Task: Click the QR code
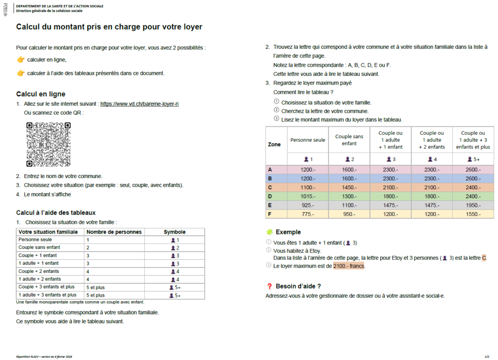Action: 48,144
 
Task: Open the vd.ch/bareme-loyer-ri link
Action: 140,104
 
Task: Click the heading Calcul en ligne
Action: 40,94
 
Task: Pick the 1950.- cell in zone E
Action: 473,205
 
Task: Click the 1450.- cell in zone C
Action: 349,187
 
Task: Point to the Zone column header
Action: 274,144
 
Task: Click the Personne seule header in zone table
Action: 307,140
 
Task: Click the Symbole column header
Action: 174,232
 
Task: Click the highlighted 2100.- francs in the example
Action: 349,266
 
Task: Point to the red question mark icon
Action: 269,286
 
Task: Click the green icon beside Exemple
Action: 269,232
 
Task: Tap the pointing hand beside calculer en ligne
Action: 20,59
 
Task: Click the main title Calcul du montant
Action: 109,27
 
